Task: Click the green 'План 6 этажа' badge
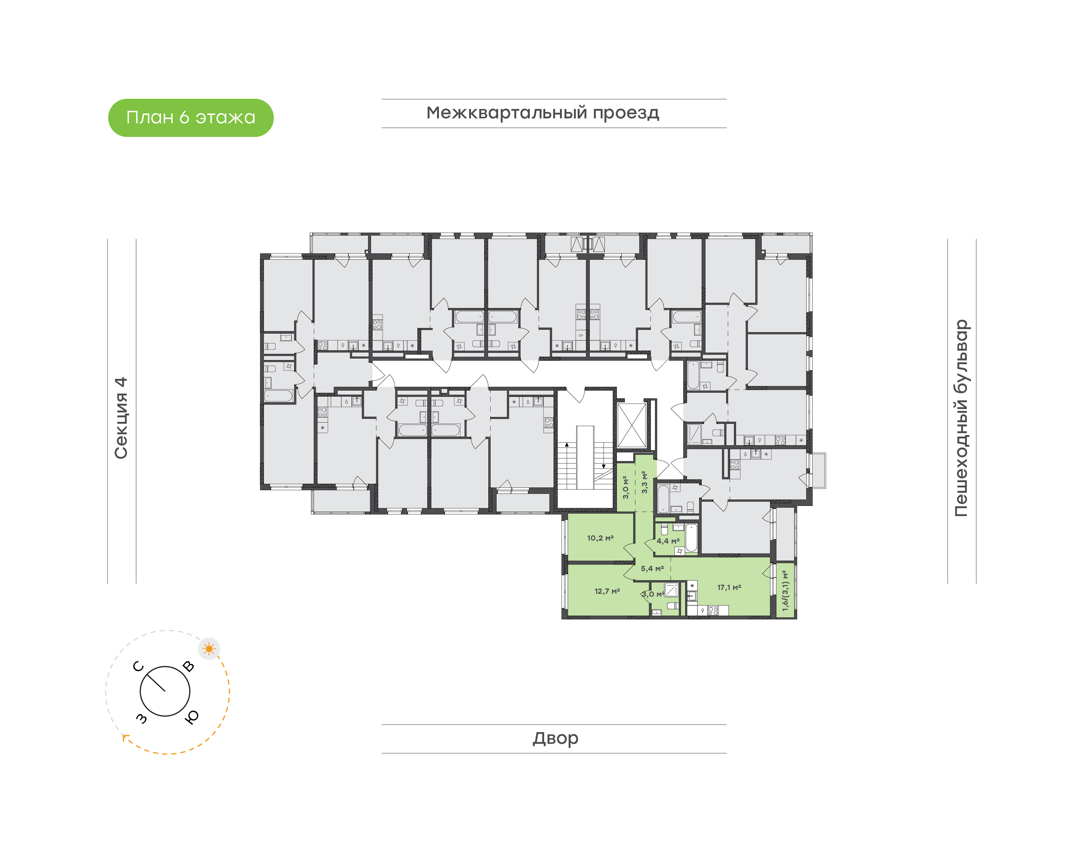[190, 118]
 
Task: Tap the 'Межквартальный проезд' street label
[542, 113]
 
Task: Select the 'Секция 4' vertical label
[121, 418]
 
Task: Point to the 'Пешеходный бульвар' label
[961, 418]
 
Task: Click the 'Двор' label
[555, 738]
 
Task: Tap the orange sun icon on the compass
[209, 649]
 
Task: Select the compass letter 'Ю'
[192, 717]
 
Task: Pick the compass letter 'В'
[188, 667]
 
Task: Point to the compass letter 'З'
[142, 718]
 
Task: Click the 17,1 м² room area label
[729, 588]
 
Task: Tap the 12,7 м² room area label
[607, 591]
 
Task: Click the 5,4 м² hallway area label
[652, 569]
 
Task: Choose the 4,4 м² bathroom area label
[668, 541]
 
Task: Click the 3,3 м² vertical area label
[644, 482]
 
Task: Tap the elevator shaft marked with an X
[632, 426]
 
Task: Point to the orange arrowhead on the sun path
[125, 738]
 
